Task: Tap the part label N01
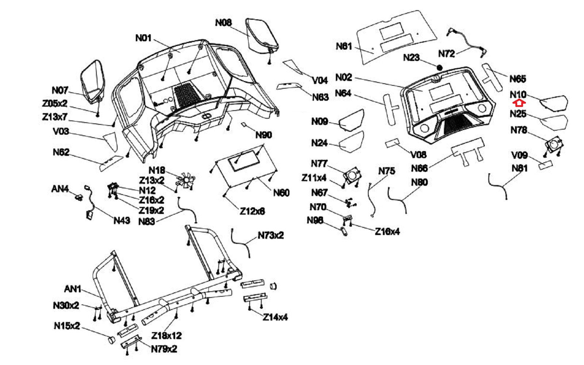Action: click(143, 38)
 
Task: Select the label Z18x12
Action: click(166, 335)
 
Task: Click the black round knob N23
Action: click(439, 68)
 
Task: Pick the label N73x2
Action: click(270, 235)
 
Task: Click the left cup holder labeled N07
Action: click(93, 82)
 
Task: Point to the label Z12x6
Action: click(252, 211)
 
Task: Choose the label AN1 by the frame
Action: click(73, 289)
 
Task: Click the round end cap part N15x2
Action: click(111, 340)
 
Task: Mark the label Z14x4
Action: click(275, 317)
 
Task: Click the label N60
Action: click(281, 193)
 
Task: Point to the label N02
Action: click(343, 77)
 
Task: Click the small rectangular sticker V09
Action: click(546, 165)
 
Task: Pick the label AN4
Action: click(60, 189)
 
